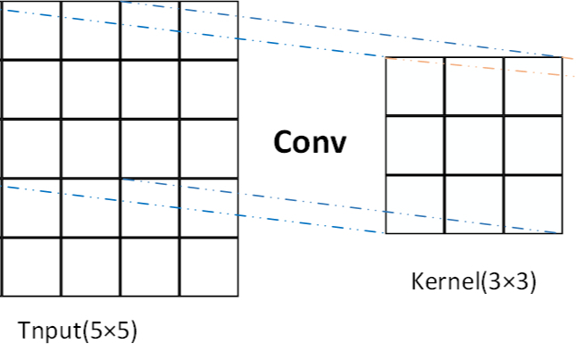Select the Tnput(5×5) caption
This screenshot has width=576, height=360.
78,330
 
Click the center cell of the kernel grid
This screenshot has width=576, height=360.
474,145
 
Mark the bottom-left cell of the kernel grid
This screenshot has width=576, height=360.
415,204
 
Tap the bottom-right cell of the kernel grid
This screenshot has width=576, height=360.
532,204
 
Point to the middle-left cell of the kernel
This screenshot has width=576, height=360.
415,145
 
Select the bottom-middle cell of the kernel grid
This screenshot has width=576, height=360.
474,204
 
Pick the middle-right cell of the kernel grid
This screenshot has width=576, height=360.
532,145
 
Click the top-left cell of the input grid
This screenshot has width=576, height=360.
31,30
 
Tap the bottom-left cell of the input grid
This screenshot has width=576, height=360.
31,266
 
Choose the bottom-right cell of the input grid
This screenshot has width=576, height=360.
208,266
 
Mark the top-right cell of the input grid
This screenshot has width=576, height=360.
208,30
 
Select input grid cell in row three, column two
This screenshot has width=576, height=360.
90,148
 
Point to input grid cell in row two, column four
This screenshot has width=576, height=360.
208,89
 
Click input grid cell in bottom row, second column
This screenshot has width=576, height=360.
90,266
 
